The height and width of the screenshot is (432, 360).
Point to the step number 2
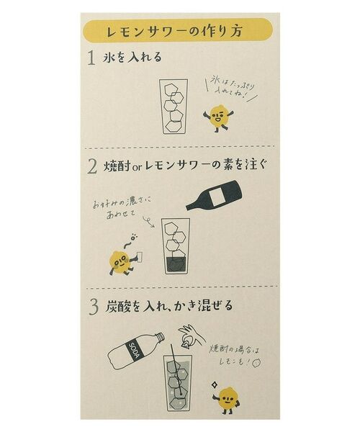[x=91, y=166]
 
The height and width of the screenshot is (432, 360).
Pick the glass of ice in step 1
[x=174, y=107]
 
